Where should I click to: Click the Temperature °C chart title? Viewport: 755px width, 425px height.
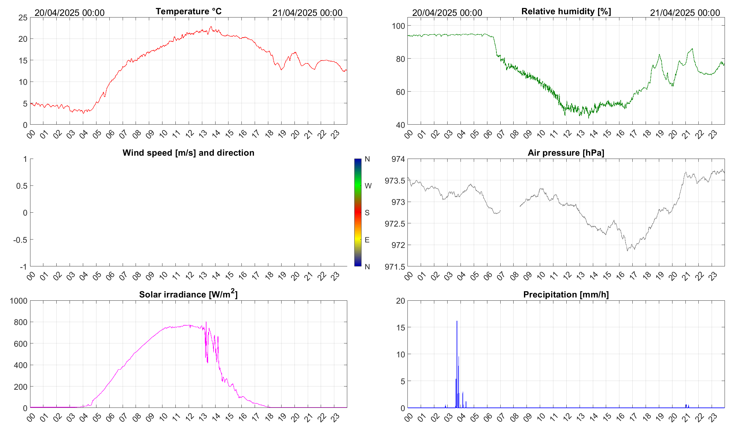tap(188, 11)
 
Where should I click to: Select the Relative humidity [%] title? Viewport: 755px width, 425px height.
tap(566, 11)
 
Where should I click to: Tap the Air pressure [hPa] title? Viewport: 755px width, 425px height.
tap(566, 153)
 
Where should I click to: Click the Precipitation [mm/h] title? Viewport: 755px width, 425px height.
tap(566, 295)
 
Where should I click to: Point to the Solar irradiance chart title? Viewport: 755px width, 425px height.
tap(188, 294)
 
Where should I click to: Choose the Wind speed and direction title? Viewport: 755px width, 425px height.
tap(188, 153)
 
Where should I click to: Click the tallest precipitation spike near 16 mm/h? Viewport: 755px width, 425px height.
tap(457, 321)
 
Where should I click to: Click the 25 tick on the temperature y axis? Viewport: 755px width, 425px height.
tap(23, 17)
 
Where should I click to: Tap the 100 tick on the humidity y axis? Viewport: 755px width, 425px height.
tap(398, 26)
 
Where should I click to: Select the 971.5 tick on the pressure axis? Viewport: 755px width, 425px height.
tap(395, 267)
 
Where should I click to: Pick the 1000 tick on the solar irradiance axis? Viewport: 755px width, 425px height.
tap(19, 301)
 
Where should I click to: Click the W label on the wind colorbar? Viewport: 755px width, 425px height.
tap(368, 186)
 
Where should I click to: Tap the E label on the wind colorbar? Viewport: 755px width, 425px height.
tap(367, 240)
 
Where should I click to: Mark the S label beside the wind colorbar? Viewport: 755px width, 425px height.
tap(367, 213)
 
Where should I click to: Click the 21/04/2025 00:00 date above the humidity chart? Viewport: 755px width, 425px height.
tap(685, 13)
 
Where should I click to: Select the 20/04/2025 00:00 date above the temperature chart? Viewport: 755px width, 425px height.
tap(70, 13)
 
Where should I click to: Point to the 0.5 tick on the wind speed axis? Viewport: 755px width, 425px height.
tap(22, 186)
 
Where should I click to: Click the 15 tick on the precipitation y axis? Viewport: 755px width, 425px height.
tap(401, 328)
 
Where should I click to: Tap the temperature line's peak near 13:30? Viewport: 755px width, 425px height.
tap(211, 27)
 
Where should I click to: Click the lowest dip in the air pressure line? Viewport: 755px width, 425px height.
tap(627, 251)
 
